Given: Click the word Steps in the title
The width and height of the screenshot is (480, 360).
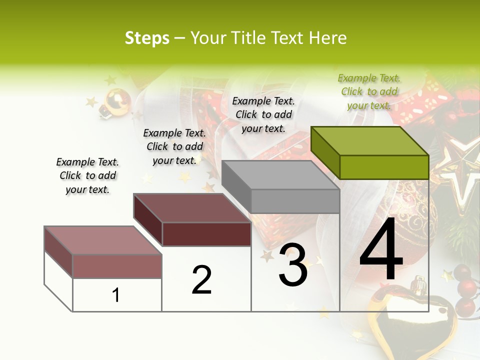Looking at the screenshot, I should tap(147, 38).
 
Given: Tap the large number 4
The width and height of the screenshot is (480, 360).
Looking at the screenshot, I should tap(381, 250).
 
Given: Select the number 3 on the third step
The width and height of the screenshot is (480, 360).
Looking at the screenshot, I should tap(293, 265).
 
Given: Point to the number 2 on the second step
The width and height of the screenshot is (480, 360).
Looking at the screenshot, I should tap(201, 279).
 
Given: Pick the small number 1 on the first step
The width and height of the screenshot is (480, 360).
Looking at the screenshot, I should tap(116, 295).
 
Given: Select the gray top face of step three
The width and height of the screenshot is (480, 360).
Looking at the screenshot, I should tap(280, 175).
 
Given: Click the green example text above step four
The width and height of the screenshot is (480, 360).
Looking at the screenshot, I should tap(369, 91).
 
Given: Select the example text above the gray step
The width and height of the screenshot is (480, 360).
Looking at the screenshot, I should tap(263, 114).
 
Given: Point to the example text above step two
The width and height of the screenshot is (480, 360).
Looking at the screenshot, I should tap(174, 146).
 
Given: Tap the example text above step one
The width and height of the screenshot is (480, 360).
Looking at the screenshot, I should tap(87, 175).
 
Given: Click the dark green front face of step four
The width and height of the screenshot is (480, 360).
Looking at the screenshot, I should tap(384, 167).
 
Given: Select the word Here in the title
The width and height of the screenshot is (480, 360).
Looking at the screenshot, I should tap(328, 38).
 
